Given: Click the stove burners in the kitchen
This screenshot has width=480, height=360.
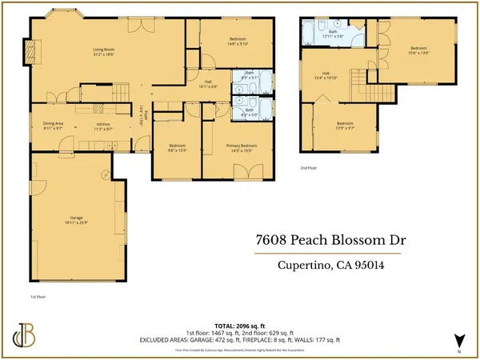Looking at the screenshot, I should (x=100, y=109).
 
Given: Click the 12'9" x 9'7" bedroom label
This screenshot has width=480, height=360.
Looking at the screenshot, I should (x=345, y=125).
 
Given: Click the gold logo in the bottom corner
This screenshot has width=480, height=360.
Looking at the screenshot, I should (x=23, y=336).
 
